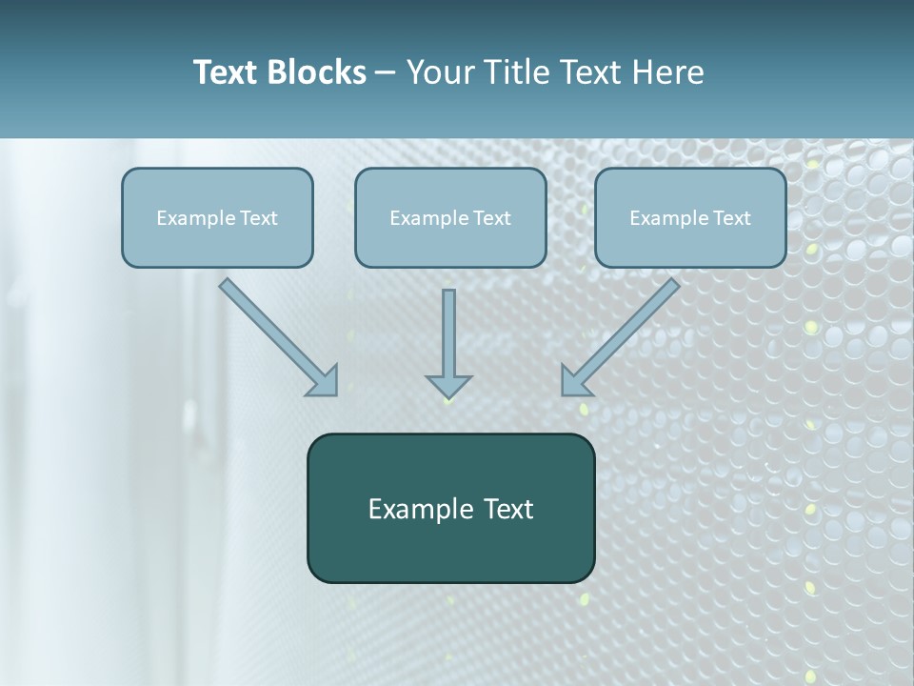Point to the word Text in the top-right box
(x=732, y=218)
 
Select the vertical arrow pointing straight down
(x=448, y=338)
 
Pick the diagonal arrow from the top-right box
(x=625, y=333)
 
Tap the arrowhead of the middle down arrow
(x=448, y=386)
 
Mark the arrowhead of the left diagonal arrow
(x=325, y=381)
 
